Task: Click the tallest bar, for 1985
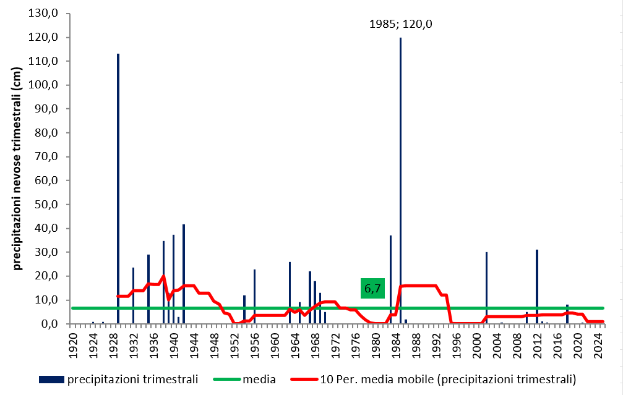click(400, 179)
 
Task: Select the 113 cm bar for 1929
click(118, 185)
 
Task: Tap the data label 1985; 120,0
click(400, 25)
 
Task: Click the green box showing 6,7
click(372, 288)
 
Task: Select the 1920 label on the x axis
click(73, 342)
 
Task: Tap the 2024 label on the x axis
click(598, 342)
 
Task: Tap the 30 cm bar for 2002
click(487, 287)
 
